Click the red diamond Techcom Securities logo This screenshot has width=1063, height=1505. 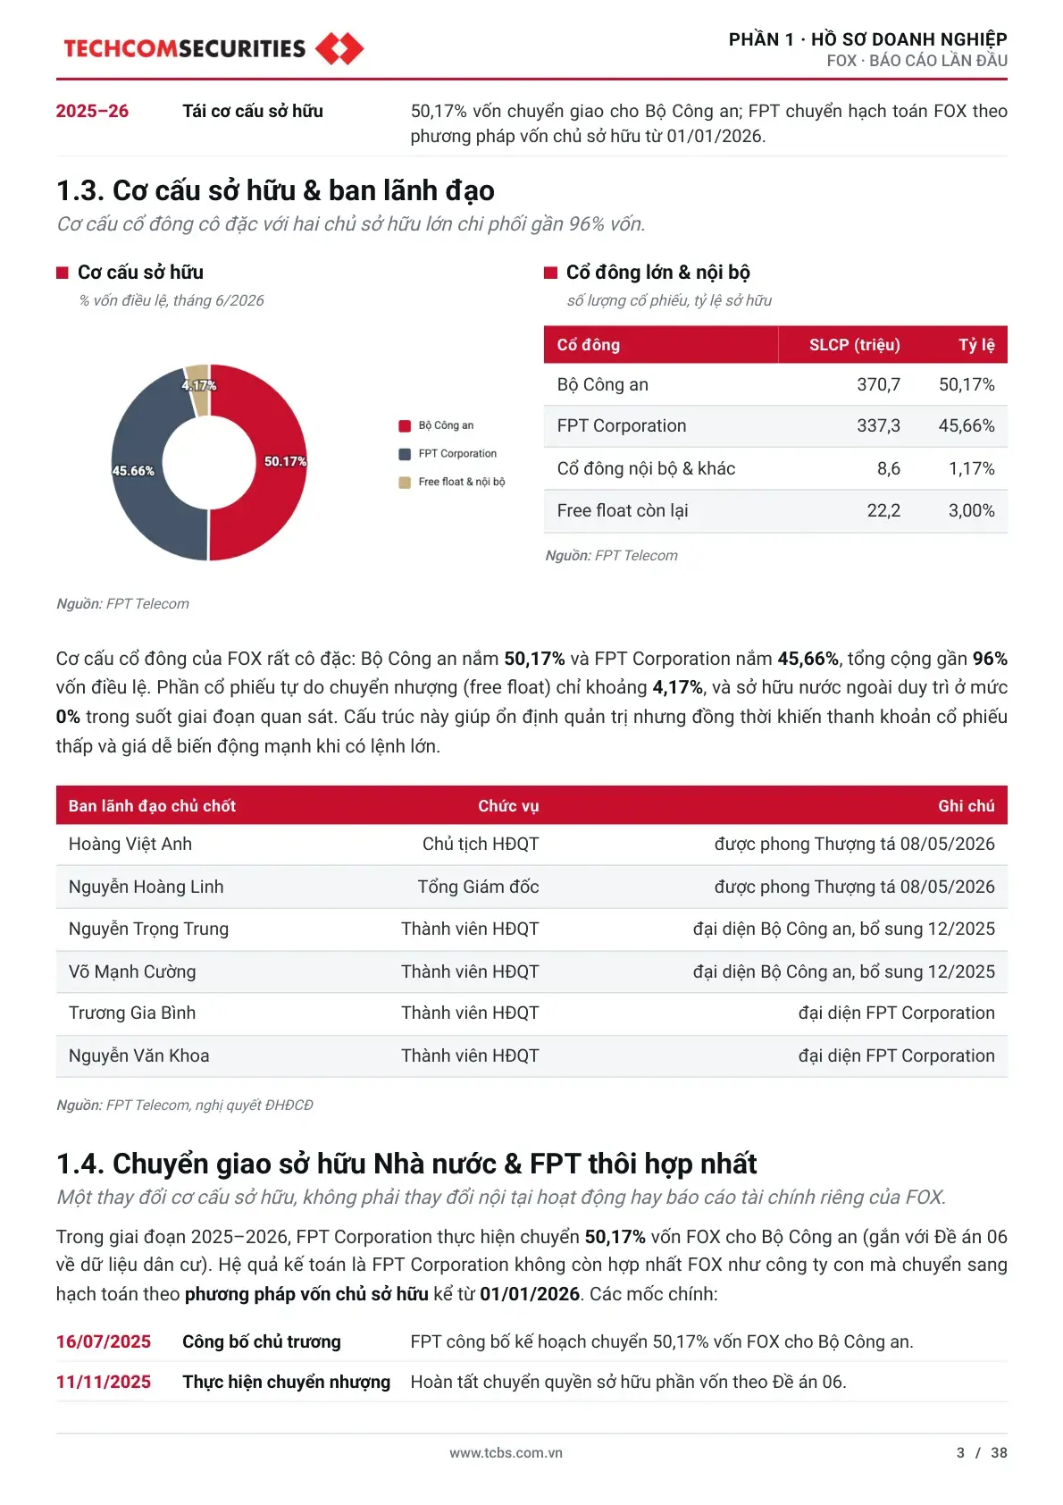tap(339, 48)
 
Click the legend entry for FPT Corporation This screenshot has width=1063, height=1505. tap(448, 453)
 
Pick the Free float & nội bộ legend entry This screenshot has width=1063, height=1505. tap(451, 482)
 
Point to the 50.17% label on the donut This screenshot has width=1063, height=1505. tap(285, 461)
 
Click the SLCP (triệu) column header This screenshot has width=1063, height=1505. tap(854, 345)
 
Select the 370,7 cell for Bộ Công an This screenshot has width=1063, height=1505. tap(878, 384)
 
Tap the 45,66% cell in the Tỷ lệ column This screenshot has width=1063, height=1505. tap(967, 425)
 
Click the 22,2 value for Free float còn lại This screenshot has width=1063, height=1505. tap(883, 510)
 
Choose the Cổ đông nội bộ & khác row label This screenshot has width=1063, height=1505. tap(646, 468)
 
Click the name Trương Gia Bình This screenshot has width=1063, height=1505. tap(131, 1013)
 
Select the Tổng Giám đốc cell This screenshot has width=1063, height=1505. tap(478, 887)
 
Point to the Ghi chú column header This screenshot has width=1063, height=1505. tap(967, 805)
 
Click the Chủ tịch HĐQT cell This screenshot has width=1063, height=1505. tap(481, 844)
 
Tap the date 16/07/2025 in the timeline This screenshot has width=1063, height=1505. tap(104, 1341)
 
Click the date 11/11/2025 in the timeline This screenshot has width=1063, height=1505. tap(104, 1382)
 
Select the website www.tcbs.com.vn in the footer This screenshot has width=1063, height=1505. tap(506, 1452)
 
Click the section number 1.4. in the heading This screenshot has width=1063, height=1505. tap(80, 1164)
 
